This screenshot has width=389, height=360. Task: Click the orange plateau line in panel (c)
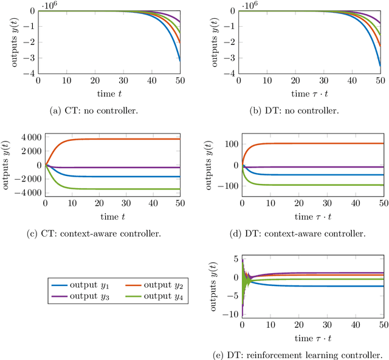pyautogui.click(x=122, y=139)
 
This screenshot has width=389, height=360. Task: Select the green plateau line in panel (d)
pyautogui.click(x=316, y=185)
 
